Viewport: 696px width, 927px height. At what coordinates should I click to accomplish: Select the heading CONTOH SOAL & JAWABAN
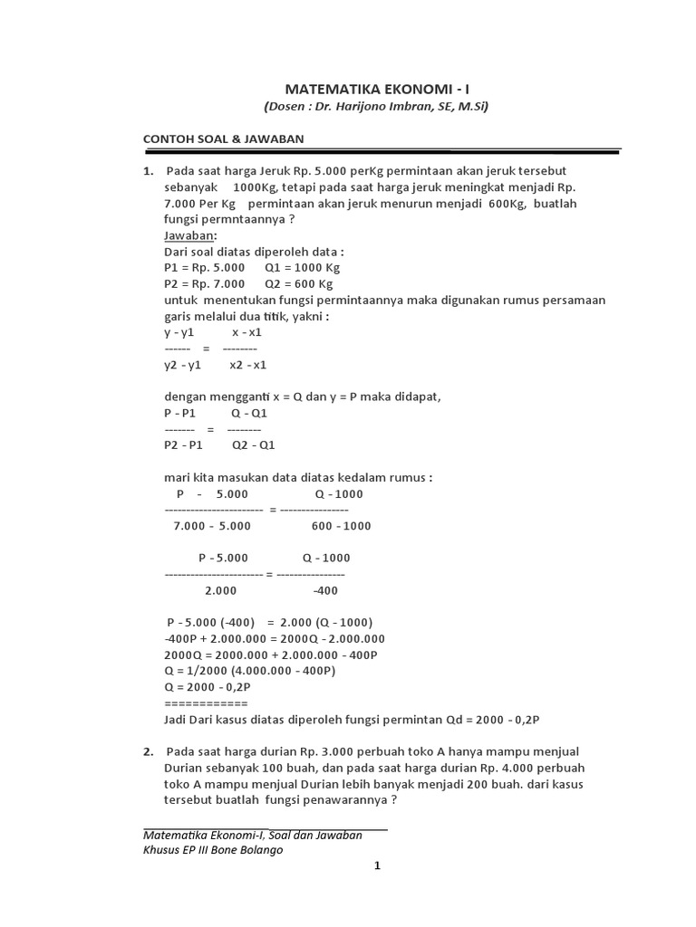tap(223, 139)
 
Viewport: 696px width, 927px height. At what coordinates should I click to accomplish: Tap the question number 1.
tap(147, 171)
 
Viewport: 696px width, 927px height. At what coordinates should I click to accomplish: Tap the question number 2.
tap(147, 752)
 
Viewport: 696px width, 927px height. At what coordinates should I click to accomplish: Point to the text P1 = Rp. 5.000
tap(204, 268)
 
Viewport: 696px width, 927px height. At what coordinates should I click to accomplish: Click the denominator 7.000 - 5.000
tap(212, 526)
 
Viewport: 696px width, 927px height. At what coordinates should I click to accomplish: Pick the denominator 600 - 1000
tap(341, 526)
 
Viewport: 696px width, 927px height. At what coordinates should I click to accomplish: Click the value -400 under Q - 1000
tap(324, 590)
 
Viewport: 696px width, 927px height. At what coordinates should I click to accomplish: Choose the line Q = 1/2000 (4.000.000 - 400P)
tap(250, 671)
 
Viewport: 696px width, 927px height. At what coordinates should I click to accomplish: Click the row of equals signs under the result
tap(205, 702)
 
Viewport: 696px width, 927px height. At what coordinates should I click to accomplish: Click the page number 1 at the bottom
tap(378, 866)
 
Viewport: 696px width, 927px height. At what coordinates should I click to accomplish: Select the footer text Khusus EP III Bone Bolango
tap(218, 850)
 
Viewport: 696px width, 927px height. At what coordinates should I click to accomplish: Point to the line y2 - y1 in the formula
tap(183, 365)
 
